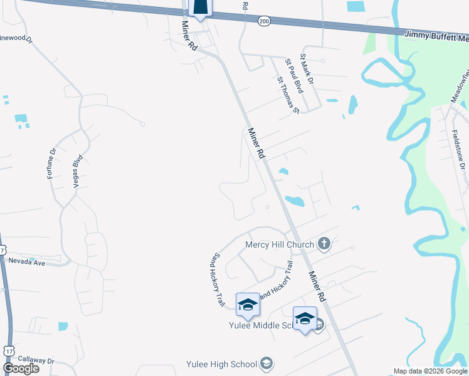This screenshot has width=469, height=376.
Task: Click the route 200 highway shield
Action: pos(263,21)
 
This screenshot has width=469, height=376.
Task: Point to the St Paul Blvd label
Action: pos(294,76)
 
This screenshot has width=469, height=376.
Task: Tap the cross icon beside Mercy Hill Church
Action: pos(324,244)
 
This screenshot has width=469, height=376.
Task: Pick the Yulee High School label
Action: pos(221,364)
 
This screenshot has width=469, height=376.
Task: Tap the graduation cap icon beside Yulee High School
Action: pos(267,363)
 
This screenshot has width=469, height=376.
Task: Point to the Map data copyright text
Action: pos(431,372)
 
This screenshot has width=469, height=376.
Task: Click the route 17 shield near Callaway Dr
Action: pos(9,350)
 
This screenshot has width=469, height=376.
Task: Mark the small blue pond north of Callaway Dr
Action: pos(63,326)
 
